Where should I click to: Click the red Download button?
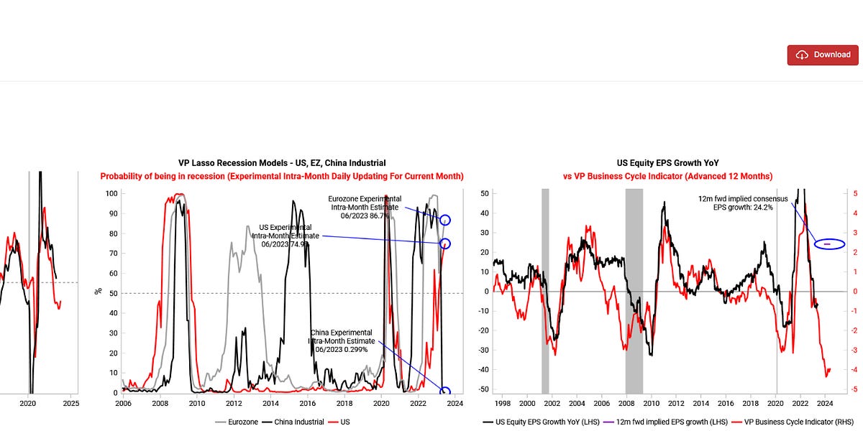click(x=823, y=55)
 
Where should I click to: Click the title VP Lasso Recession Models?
click(x=282, y=164)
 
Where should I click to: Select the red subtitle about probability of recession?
click(x=282, y=176)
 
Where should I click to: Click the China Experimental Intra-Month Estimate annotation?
click(x=341, y=340)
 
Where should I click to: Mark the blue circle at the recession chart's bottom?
click(x=444, y=392)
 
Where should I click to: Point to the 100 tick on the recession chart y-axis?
click(x=111, y=194)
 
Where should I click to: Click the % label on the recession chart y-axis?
click(x=99, y=292)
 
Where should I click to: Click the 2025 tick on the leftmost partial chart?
click(x=70, y=404)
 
